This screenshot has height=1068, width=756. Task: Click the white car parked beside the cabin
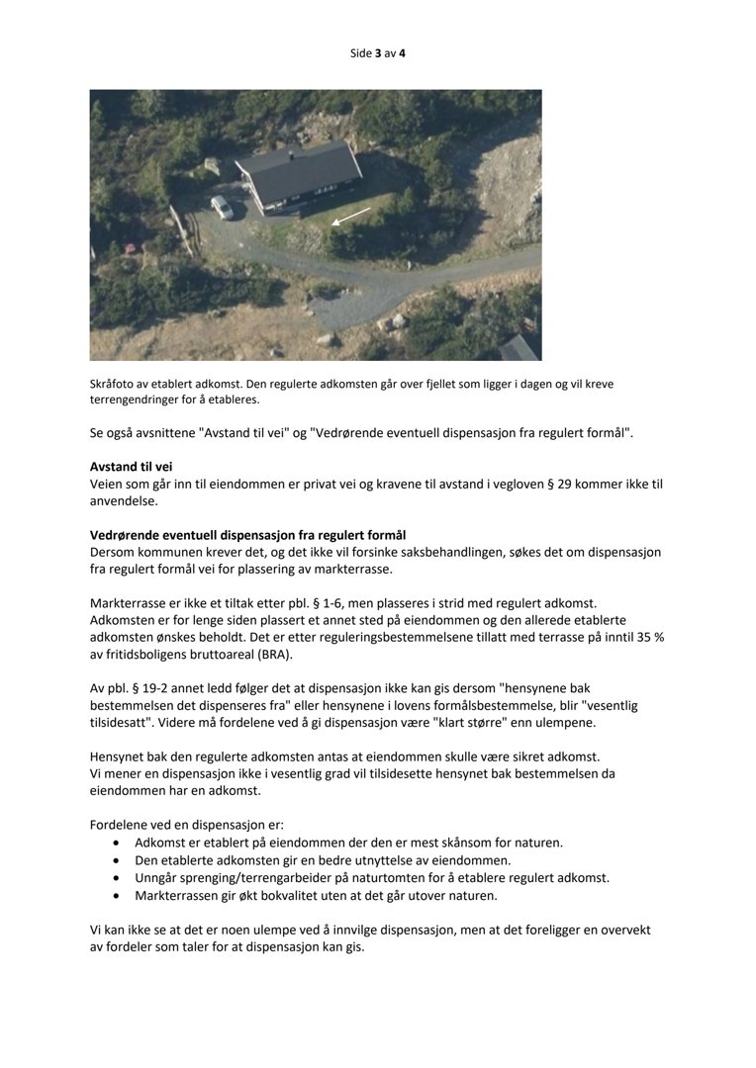click(223, 207)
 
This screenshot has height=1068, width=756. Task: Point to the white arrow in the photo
click(350, 217)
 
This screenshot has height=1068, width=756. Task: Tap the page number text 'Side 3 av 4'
click(377, 53)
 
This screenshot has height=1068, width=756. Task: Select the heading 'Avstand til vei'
click(138, 466)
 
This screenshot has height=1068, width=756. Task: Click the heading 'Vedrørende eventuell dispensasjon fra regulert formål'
click(247, 535)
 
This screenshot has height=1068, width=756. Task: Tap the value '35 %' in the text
click(647, 638)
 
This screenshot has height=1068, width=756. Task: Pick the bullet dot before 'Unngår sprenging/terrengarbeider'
click(118, 878)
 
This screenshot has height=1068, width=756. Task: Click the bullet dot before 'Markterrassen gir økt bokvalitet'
click(118, 896)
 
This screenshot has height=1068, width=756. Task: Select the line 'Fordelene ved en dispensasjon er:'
click(187, 825)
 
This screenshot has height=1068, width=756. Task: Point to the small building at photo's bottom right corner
click(519, 348)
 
